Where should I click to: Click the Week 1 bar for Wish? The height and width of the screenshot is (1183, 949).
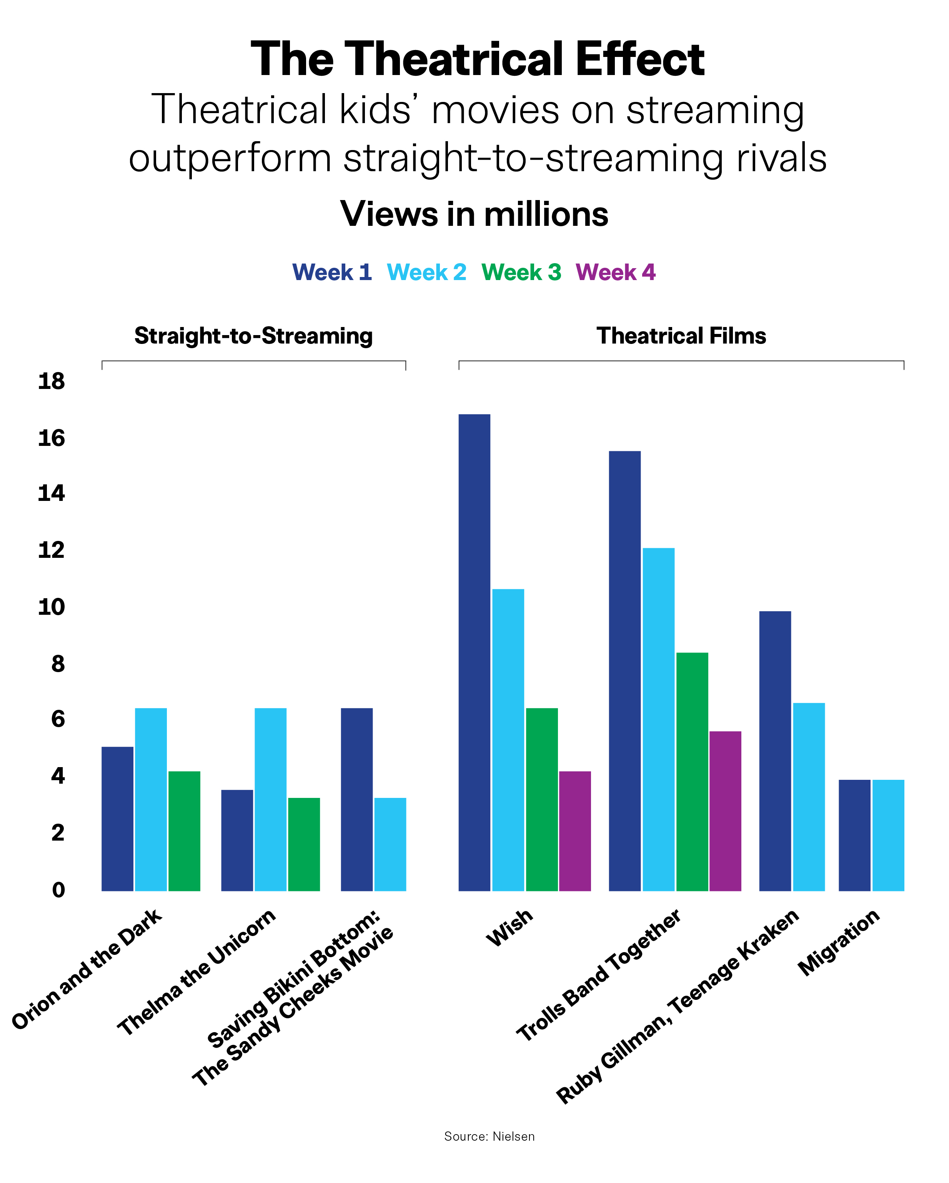[x=474, y=652]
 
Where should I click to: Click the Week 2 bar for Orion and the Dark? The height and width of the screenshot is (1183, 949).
[x=151, y=799]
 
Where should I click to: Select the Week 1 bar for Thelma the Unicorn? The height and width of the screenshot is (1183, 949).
[x=237, y=840]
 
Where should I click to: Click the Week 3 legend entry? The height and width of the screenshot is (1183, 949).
[x=521, y=272]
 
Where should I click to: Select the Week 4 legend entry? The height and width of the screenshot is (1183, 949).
[x=616, y=272]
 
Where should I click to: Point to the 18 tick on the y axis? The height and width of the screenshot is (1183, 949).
[x=52, y=381]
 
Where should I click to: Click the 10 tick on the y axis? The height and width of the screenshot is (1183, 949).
[x=52, y=607]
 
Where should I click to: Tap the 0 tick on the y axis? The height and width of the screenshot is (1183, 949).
[x=58, y=889]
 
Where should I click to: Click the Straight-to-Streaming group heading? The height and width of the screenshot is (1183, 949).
[x=253, y=336]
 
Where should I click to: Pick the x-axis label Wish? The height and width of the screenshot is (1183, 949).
[x=509, y=927]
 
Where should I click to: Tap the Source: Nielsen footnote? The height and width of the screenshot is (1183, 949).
[x=489, y=1136]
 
